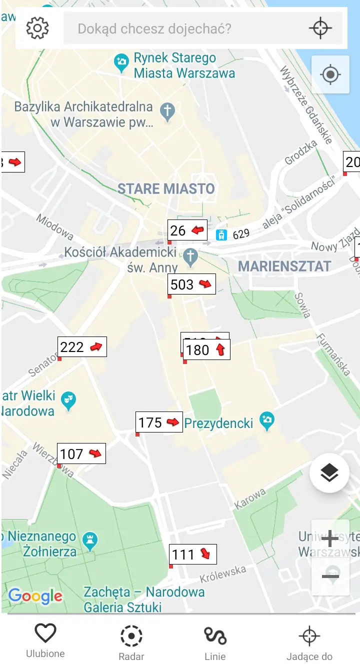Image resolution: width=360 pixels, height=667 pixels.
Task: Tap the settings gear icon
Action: coord(37,28)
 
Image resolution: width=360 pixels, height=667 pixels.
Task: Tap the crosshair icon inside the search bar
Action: coord(320,28)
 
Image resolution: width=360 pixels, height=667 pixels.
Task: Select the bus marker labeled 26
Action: coord(187,230)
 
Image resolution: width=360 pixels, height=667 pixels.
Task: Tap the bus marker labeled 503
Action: coord(191,284)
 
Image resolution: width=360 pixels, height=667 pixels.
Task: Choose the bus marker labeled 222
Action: coord(82,346)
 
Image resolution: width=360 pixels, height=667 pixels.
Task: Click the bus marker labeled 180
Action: coord(207,349)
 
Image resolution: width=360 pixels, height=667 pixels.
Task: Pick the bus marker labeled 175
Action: coord(159,422)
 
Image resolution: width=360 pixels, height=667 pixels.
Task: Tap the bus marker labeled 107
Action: coord(81,453)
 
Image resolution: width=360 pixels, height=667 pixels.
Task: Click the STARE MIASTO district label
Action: coord(166,189)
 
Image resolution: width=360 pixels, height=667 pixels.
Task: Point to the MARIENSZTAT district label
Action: coord(284,266)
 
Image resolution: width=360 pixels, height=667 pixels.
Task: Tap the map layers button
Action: coord(329,472)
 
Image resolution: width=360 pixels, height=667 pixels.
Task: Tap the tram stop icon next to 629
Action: coord(221,234)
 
